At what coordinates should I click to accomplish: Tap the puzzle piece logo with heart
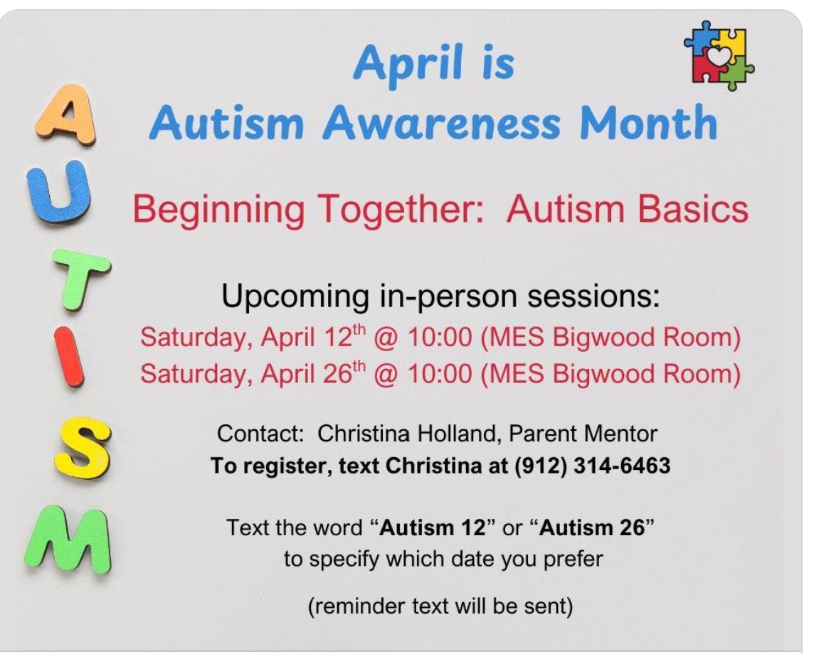coord(719,55)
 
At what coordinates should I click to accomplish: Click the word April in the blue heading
coord(408,63)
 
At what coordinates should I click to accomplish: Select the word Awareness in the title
coord(442,123)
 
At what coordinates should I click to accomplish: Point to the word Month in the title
coord(649,122)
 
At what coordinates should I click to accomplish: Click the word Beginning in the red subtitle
coord(218,210)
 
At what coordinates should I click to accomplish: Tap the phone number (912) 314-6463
coord(592,465)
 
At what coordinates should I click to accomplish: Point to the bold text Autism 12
coord(433,528)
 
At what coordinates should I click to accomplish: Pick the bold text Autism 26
coord(592,528)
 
